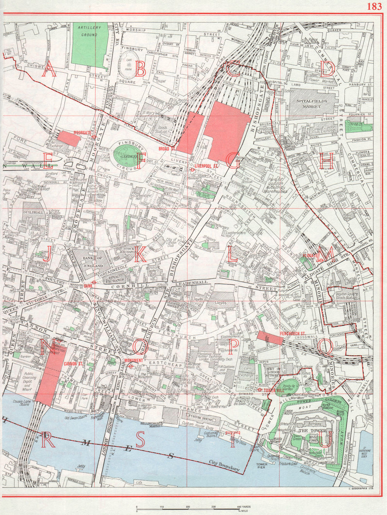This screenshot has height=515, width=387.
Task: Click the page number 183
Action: [373, 7]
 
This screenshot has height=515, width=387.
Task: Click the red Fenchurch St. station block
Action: [270, 338]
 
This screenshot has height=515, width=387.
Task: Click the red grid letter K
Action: [140, 256]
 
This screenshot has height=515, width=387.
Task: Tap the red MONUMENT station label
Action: [134, 361]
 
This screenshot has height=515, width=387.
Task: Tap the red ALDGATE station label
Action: [310, 256]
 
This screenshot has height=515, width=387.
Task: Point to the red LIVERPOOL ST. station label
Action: [207, 166]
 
